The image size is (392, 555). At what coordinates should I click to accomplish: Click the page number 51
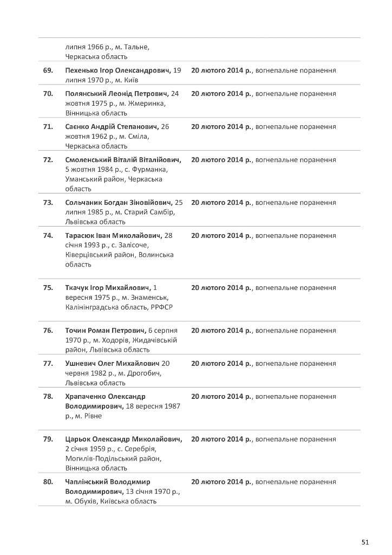[364, 541]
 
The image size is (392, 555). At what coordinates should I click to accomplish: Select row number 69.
[48, 70]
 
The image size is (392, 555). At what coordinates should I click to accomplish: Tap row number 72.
[48, 160]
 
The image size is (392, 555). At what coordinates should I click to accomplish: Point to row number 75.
[48, 287]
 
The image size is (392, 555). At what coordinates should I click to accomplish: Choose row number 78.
[48, 396]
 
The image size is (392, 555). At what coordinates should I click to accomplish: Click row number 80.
[48, 481]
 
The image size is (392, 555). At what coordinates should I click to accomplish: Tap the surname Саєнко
[77, 126]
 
